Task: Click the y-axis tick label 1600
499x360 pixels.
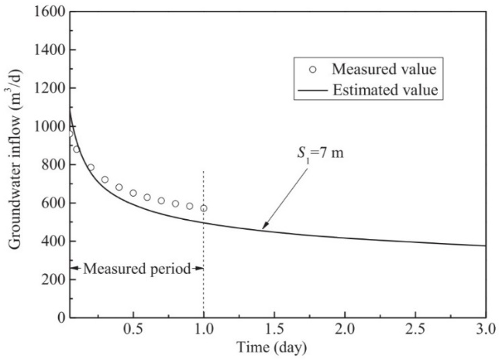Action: pyautogui.click(x=48, y=12)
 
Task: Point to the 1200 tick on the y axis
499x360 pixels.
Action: pyautogui.click(x=48, y=89)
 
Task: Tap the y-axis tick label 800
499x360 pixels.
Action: pyautogui.click(x=51, y=165)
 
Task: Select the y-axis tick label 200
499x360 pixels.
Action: pyautogui.click(x=51, y=279)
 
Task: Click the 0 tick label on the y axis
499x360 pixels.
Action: pyautogui.click(x=58, y=317)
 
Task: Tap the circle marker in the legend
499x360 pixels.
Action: pyautogui.click(x=313, y=69)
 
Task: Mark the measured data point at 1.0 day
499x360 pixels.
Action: pyautogui.click(x=204, y=208)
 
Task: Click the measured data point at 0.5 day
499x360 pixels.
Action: pyautogui.click(x=133, y=193)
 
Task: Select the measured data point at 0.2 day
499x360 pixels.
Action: pyautogui.click(x=91, y=167)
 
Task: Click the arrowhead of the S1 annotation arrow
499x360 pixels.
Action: pyautogui.click(x=263, y=228)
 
